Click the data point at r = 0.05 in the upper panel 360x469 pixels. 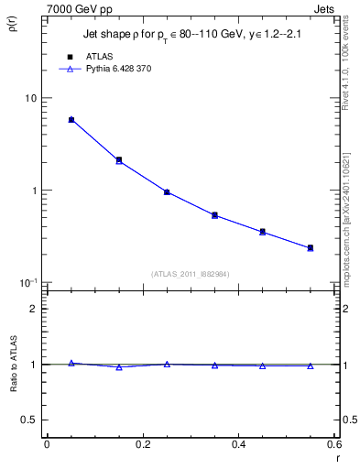click(x=71, y=120)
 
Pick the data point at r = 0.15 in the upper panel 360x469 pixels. click(x=119, y=160)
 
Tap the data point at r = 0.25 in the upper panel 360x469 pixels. click(x=167, y=192)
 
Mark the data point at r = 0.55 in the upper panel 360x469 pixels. click(x=311, y=248)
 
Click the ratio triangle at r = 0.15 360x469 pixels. click(x=119, y=367)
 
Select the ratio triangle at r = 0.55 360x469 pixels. click(x=311, y=365)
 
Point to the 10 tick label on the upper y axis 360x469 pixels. click(x=30, y=99)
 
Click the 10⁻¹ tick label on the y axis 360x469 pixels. click(x=28, y=283)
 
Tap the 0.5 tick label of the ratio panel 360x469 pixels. click(x=31, y=420)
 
